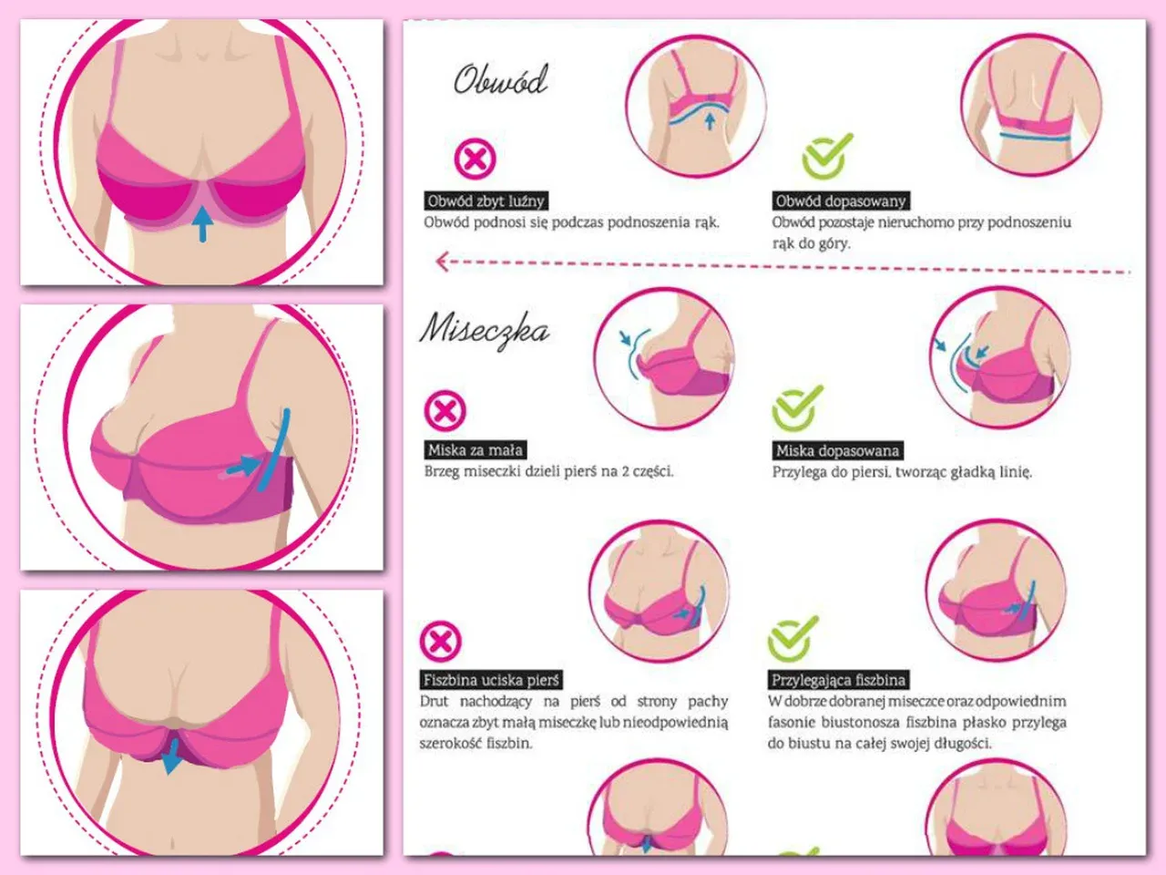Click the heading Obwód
[500, 81]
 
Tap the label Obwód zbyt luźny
[486, 201]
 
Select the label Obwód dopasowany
[841, 201]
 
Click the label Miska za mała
[476, 450]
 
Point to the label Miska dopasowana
[838, 451]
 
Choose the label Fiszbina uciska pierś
[491, 680]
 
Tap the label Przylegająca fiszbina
[838, 680]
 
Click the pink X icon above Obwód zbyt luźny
[475, 159]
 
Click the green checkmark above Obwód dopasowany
[826, 156]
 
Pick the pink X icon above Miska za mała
[445, 411]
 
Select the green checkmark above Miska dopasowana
[797, 408]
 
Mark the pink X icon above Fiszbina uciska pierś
[440, 641]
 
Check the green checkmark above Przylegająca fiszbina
[793, 639]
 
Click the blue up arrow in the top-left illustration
[202, 223]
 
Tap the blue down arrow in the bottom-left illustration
[171, 756]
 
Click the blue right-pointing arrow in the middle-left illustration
[242, 466]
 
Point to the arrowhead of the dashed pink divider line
[442, 261]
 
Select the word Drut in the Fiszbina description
[434, 701]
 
